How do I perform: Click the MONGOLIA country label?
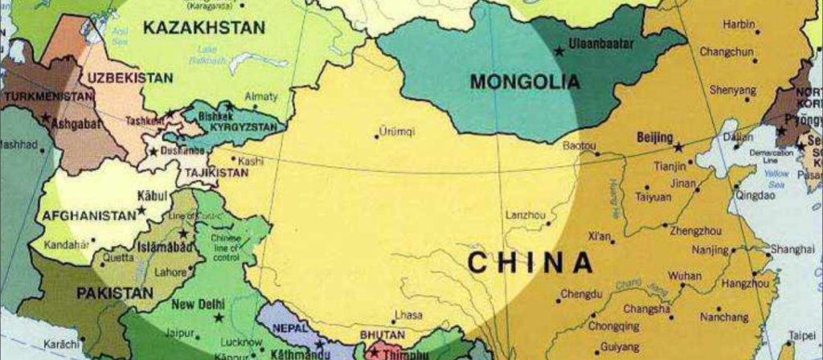[525, 81]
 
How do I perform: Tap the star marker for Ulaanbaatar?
[559, 51]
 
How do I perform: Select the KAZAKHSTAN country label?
[203, 28]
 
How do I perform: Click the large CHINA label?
[530, 262]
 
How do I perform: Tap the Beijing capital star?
[678, 148]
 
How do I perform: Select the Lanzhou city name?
[526, 215]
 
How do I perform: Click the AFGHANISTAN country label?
[89, 215]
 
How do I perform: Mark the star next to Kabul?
[142, 211]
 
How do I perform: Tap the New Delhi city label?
[199, 304]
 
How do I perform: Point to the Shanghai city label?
[792, 249]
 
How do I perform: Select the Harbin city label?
[739, 25]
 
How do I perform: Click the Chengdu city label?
[581, 294]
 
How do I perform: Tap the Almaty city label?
[261, 96]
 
